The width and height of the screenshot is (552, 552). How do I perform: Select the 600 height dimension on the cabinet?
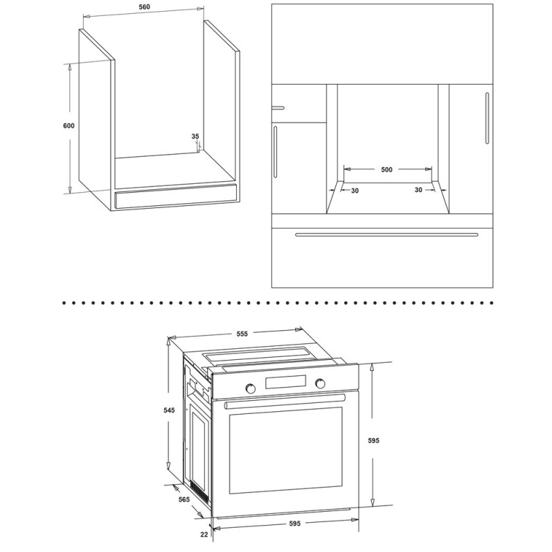pos(68,126)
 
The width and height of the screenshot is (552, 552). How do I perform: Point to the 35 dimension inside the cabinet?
pos(195,137)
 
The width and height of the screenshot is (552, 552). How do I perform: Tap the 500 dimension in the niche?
pos(386,170)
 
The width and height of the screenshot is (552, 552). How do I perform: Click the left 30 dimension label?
pos(355,190)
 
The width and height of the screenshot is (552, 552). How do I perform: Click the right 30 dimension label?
pos(418,190)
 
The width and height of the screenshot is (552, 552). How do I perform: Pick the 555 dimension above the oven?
pos(242,334)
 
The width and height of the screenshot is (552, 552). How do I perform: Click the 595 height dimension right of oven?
pos(375,440)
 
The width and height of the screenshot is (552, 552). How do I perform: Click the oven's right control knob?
pos(320,383)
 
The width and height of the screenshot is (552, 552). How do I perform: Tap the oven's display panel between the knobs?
pos(285,383)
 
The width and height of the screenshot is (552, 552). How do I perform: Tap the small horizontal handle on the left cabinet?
pos(278,107)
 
